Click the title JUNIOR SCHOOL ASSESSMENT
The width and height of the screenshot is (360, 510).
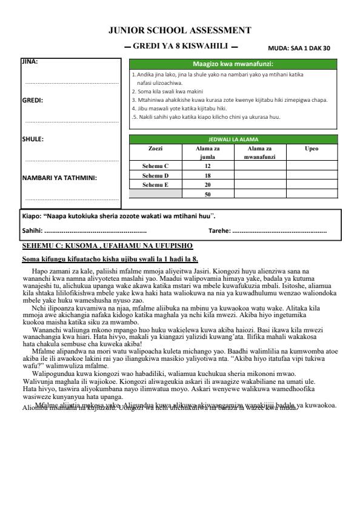point(179,30)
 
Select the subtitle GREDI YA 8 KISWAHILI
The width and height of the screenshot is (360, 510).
point(180,46)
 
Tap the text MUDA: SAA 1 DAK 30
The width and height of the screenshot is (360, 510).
point(299,48)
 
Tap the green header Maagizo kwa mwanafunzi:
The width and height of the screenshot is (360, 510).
point(233,64)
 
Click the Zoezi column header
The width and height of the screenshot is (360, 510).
point(155,148)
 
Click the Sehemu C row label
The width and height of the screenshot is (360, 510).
point(155,166)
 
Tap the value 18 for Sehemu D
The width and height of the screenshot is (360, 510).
point(207,175)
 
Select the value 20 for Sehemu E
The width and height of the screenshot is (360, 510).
point(207,184)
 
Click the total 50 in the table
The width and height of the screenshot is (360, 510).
point(207,194)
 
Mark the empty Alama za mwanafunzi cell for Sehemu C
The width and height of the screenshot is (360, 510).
point(259,166)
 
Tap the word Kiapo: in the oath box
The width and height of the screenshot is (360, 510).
point(31,215)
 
